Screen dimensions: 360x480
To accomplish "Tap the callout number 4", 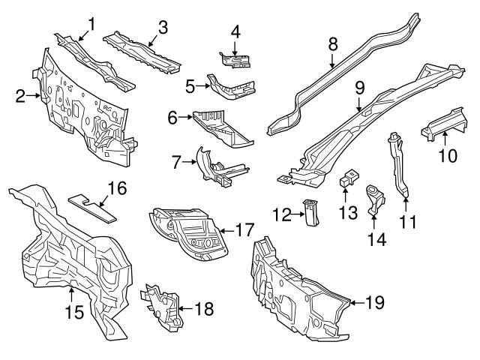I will pos(235,32).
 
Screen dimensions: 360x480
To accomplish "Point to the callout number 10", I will pos(448,157).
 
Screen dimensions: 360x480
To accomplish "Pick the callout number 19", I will pos(375,302).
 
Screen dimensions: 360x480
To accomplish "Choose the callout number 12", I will pos(281,215).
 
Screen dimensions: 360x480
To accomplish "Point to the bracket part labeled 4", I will pos(234,58).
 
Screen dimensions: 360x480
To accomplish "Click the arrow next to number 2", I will pos(32,95).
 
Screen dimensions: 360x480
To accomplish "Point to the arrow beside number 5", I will pos(202,86).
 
